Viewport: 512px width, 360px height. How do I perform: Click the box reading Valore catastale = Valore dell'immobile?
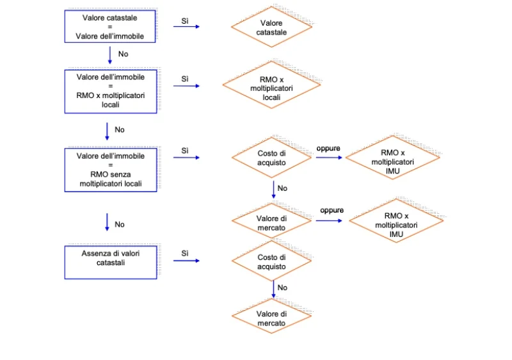point(110,26)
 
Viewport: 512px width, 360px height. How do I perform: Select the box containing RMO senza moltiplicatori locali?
point(111,170)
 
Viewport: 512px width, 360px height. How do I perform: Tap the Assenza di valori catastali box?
point(111,262)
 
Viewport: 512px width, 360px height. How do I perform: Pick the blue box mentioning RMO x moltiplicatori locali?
point(111,92)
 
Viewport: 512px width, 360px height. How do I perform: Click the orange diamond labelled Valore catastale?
point(271,27)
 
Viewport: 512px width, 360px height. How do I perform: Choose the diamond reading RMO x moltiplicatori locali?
point(271,85)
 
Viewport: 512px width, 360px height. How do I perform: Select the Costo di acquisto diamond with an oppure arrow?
point(271,158)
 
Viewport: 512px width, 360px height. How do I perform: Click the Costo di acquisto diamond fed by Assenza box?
point(271,261)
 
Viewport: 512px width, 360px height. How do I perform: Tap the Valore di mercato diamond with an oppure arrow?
point(271,221)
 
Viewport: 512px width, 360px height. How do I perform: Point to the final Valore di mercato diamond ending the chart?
point(271,316)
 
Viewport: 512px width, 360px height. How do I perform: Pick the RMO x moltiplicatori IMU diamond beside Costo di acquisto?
point(392,158)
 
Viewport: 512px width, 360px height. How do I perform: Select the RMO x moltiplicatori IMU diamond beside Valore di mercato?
point(396,221)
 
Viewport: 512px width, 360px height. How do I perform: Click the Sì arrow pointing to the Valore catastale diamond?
point(186,26)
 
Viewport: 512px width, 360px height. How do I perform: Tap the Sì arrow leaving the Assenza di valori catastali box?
point(186,261)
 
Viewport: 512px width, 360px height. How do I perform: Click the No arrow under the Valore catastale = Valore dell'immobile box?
point(110,55)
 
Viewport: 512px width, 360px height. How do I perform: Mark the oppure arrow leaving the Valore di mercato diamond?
point(329,221)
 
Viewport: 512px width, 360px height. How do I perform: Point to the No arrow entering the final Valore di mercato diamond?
point(274,290)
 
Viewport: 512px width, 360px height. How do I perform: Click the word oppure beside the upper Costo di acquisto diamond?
point(328,149)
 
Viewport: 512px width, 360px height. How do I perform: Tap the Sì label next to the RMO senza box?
point(185,151)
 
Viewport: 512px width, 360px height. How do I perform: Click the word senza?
point(121,174)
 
